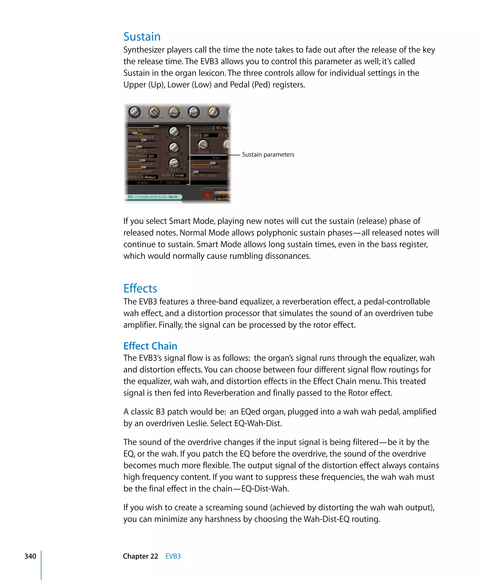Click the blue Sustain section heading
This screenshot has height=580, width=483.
(x=142, y=37)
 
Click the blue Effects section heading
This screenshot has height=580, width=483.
(x=140, y=288)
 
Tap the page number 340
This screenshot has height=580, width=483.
(x=30, y=556)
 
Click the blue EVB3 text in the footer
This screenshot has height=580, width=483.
(x=173, y=556)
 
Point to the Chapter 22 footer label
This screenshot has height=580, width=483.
(x=141, y=556)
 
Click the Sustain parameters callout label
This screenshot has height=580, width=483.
(x=268, y=155)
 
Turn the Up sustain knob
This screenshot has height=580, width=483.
(x=174, y=131)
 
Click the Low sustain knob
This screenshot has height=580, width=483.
(x=174, y=147)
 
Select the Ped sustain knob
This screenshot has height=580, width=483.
(x=174, y=163)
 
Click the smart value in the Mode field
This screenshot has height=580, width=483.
(x=179, y=175)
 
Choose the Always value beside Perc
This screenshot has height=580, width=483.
(x=150, y=177)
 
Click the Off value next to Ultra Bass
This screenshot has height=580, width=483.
(x=151, y=156)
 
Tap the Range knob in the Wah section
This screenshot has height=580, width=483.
(x=203, y=144)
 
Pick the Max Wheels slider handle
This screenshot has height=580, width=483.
(x=156, y=126)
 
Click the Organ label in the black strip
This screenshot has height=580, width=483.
(x=142, y=183)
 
